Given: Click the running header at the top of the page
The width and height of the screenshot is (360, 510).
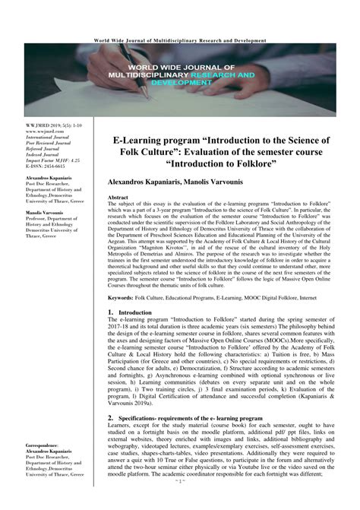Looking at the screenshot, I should [180, 40].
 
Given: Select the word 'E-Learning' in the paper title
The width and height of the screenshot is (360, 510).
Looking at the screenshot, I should [148, 141].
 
